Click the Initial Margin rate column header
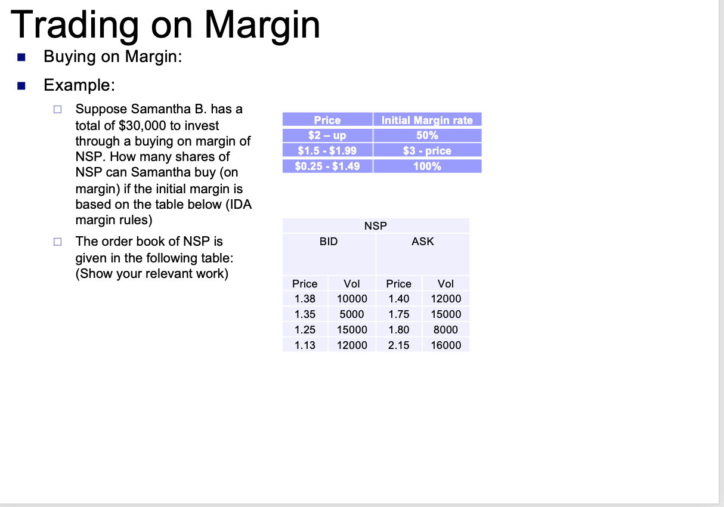click(x=427, y=120)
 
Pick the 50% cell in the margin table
click(x=427, y=135)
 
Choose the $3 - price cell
click(x=427, y=151)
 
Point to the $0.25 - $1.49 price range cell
click(x=327, y=166)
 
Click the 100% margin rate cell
click(x=427, y=166)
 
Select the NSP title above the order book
click(x=376, y=225)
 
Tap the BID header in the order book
click(x=329, y=242)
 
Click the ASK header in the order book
click(x=423, y=242)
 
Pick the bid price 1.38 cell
click(x=305, y=299)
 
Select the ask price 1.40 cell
click(x=398, y=299)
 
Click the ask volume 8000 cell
click(x=445, y=330)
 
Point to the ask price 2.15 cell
click(x=398, y=345)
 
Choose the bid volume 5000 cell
click(x=351, y=314)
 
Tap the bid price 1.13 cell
click(x=305, y=345)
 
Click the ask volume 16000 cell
click(x=445, y=345)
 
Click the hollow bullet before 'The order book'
click(x=57, y=242)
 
